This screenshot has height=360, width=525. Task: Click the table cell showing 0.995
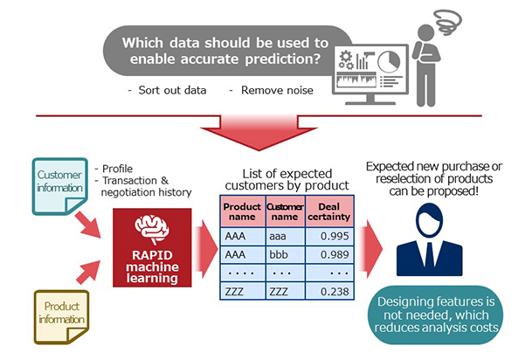tap(329, 236)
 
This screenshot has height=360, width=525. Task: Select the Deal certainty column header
tap(329, 211)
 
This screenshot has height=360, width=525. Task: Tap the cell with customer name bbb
tap(286, 254)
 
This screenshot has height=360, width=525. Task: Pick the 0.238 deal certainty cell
tap(329, 291)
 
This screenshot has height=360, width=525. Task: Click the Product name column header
tap(243, 211)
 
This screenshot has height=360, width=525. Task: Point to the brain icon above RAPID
tap(152, 229)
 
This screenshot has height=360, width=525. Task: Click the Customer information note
tap(60, 186)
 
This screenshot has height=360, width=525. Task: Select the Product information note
tap(62, 317)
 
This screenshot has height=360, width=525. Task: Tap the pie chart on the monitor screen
tap(389, 62)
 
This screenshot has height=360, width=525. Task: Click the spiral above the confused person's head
tap(447, 22)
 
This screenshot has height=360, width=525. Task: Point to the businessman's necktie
tap(429, 254)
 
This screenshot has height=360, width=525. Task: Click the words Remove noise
tap(277, 90)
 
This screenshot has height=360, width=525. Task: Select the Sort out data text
tap(172, 90)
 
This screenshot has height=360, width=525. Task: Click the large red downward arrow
tap(259, 132)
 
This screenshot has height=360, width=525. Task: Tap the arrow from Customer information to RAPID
tap(87, 225)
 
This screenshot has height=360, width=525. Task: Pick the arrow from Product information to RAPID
tap(88, 272)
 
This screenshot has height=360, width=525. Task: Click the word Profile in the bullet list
tap(117, 169)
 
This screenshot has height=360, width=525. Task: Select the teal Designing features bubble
tap(435, 315)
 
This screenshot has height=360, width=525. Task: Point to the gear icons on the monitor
tap(346, 59)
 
